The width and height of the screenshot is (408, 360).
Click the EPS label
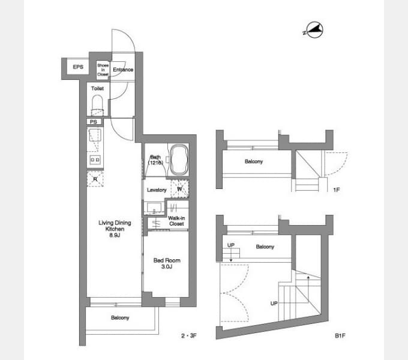78,67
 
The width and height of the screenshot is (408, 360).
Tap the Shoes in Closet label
103,70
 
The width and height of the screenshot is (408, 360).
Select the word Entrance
123,70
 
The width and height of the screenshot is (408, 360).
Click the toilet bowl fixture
98,105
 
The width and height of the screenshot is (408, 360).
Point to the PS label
94,122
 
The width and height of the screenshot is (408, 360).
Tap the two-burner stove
95,160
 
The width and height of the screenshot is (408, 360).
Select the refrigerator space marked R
95,179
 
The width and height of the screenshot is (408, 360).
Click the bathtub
179,160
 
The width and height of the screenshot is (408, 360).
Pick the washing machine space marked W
179,188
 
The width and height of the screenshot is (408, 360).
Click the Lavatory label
157,190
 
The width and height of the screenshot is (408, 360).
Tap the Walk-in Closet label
176,221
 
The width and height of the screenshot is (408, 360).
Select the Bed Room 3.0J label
167,263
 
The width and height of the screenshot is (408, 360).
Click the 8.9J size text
115,235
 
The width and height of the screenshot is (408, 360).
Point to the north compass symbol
314,30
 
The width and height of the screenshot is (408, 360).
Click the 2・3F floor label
189,335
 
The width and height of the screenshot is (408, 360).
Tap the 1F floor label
337,190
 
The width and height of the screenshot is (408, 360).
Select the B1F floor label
340,336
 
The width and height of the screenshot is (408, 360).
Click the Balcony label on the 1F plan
254,161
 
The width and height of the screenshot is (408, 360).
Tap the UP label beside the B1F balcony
231,245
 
